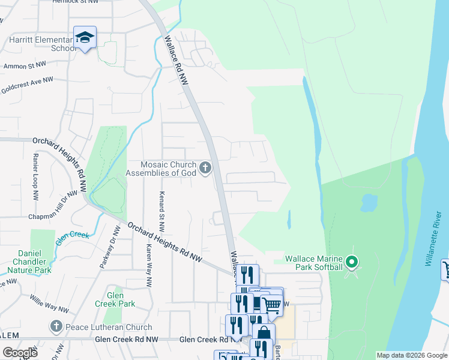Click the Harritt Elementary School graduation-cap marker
85,38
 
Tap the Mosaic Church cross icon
206,168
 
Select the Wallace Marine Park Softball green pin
352,262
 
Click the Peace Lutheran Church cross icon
56,327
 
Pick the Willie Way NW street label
49,303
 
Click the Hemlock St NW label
74,2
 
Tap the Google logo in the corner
20,352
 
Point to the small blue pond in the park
368,203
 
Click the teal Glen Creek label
72,236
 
